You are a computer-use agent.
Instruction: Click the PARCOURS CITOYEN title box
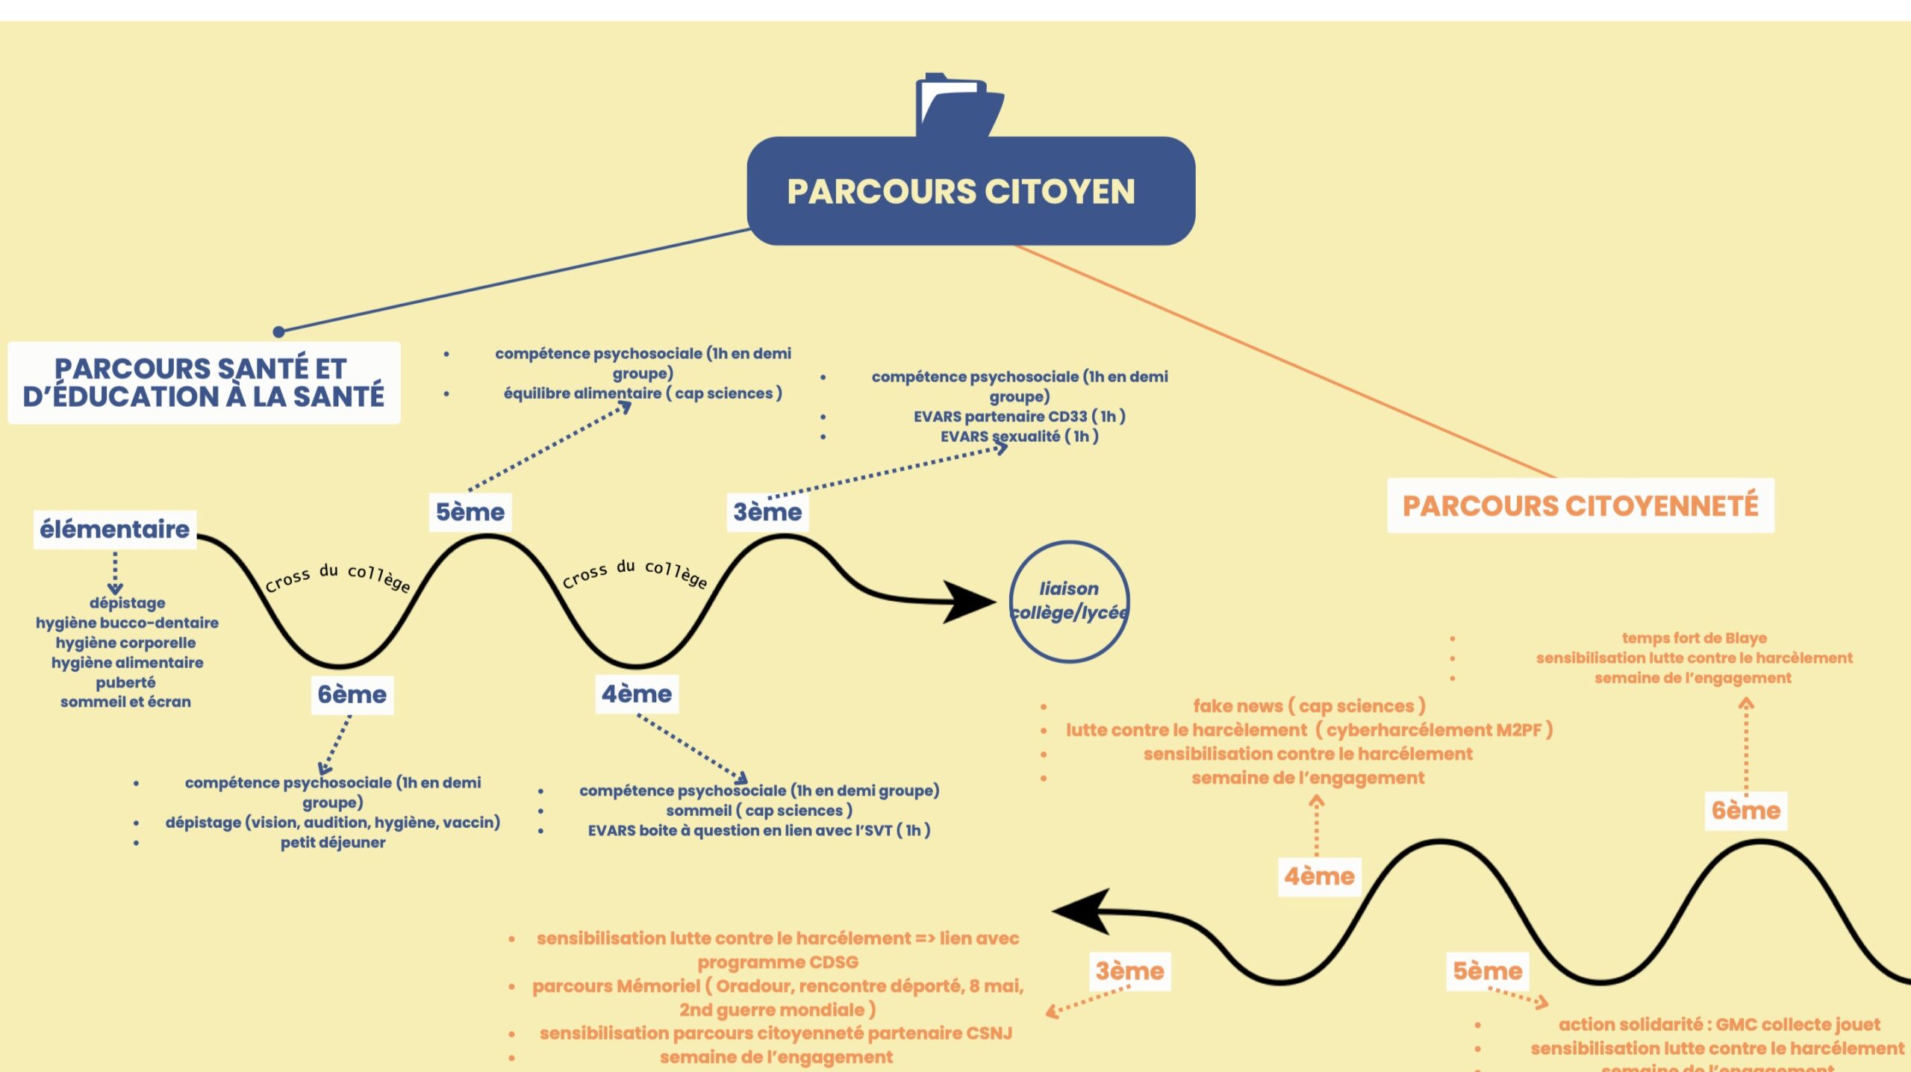point(970,191)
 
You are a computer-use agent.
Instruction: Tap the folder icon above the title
point(958,105)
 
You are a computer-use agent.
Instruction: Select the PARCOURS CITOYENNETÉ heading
point(1580,505)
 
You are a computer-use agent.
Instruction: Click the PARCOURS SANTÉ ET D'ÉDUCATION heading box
point(204,382)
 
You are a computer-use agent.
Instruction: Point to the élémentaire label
point(115,529)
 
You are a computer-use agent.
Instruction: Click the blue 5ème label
point(470,512)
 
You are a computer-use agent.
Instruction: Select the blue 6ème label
point(352,694)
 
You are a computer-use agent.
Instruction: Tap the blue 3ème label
point(767,512)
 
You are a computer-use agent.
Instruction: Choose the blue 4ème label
point(637,694)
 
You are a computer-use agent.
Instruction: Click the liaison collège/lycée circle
point(1069,601)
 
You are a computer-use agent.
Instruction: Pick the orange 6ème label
point(1746,811)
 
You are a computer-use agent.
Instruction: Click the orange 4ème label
point(1319,876)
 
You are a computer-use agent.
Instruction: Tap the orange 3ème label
point(1129,971)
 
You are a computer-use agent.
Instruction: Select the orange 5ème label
point(1487,971)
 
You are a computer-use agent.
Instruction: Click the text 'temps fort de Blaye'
point(1694,638)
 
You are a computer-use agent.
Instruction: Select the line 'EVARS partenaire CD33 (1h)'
point(1019,417)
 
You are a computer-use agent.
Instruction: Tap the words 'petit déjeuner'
point(333,843)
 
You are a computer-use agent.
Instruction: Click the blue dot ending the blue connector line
point(278,331)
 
